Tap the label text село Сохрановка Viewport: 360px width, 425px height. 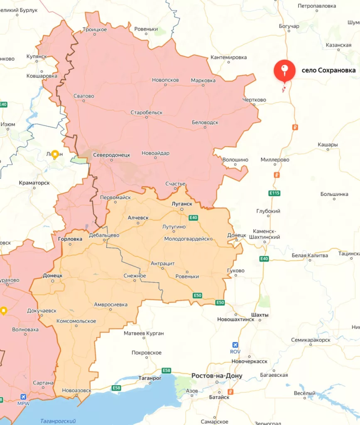(x=328, y=70)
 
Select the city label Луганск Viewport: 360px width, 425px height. (x=182, y=204)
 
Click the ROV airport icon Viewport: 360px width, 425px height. (x=235, y=345)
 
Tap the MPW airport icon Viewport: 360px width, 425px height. (x=23, y=397)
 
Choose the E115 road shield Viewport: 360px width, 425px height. (x=274, y=193)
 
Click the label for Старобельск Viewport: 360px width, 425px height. (x=146, y=112)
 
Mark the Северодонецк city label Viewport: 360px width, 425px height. (x=111, y=154)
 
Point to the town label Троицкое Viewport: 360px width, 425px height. (x=95, y=29)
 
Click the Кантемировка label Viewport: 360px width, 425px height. (x=228, y=57)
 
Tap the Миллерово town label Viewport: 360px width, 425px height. (x=275, y=159)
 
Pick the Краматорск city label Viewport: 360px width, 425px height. (x=34, y=183)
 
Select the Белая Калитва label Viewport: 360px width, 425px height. (x=309, y=255)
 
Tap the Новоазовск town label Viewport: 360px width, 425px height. (x=76, y=390)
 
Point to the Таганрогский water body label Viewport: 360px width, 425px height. (x=58, y=421)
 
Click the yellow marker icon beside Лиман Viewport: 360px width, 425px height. (x=54, y=154)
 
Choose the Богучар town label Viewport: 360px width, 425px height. (x=289, y=26)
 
